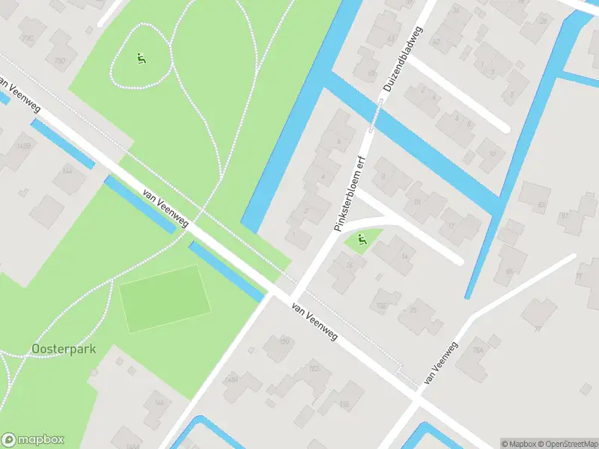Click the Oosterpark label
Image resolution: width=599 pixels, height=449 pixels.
[x=64, y=349]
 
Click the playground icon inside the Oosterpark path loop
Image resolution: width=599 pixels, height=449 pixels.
[x=141, y=58]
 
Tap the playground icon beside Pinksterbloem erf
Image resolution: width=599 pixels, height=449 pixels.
[x=361, y=240]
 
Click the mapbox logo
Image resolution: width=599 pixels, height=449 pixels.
[x=32, y=440]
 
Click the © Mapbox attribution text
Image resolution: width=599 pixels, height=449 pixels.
[x=518, y=443]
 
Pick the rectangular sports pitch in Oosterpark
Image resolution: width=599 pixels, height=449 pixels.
[x=162, y=298]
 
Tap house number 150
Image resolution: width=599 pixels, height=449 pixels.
[x=284, y=342]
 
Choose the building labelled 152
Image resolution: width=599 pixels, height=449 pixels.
[x=314, y=368]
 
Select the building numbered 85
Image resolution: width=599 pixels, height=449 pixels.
[x=510, y=272]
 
